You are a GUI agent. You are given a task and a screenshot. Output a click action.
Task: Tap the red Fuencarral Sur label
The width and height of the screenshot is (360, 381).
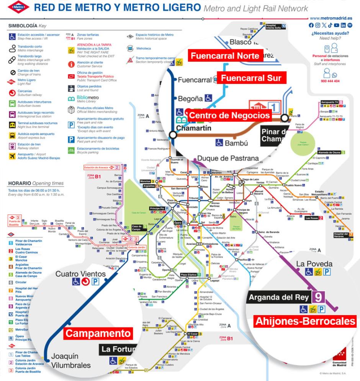click(x=251, y=78)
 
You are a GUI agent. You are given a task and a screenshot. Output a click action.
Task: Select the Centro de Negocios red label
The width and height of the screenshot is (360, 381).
click(x=229, y=115)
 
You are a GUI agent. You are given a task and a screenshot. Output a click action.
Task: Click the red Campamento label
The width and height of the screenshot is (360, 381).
click(x=98, y=333)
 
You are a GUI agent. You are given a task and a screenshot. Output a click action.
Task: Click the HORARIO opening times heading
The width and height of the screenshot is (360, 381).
click(x=36, y=183)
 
